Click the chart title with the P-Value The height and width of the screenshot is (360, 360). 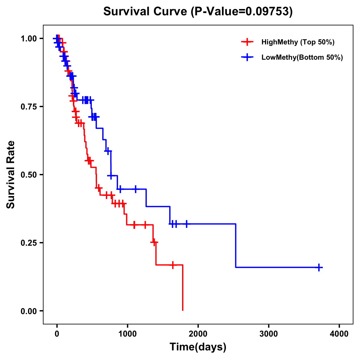pyautogui.click(x=198, y=12)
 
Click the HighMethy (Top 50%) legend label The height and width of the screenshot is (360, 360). pyautogui.click(x=298, y=42)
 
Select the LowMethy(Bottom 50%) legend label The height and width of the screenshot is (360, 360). pyautogui.click(x=302, y=57)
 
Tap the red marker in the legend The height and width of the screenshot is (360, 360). pyautogui.click(x=247, y=42)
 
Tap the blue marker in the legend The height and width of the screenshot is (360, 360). pyautogui.click(x=247, y=57)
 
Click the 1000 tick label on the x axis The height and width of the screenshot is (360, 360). pyautogui.click(x=127, y=334)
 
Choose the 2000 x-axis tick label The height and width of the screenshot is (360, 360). pyautogui.click(x=198, y=334)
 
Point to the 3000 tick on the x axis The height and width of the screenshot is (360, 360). pyautogui.click(x=269, y=334)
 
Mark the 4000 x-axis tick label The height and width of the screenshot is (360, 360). pyautogui.click(x=339, y=334)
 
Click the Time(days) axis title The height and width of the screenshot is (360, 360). pyautogui.click(x=198, y=347)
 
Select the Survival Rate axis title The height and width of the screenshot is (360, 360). pyautogui.click(x=11, y=175)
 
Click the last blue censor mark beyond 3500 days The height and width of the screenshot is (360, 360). pyautogui.click(x=319, y=267)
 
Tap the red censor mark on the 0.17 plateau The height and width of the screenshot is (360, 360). pyautogui.click(x=173, y=265)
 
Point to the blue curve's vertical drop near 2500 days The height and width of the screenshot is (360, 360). pyautogui.click(x=236, y=245)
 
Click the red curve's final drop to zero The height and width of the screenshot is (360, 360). pyautogui.click(x=182, y=288)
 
